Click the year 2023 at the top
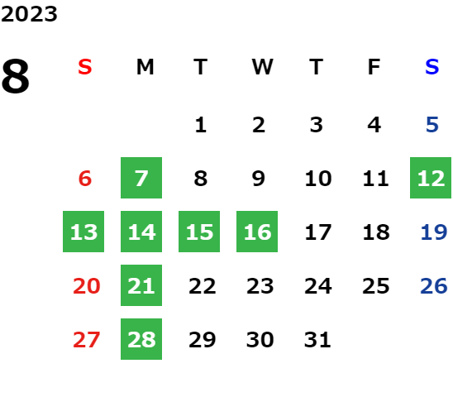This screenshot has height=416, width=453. pos(29,14)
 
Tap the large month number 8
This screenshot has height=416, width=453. pos(16,76)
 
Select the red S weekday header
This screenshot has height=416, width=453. pos(85,67)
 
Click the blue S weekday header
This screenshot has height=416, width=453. pos(432,67)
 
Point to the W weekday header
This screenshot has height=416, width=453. pos(262,67)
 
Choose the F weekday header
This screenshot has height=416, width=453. pos(374,67)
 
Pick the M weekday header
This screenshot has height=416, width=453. pos(145,67)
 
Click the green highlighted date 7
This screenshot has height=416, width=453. pos(141,178)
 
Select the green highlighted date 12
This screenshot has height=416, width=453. pos(431,178)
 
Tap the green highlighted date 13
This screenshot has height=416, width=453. pos(83,232)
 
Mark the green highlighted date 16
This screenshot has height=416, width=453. pos(257,232)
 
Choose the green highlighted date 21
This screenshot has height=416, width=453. pos(141,285)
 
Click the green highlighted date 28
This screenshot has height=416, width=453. pos(141,339)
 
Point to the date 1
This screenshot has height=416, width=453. pos(201,125)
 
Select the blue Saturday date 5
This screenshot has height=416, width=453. pos(432,125)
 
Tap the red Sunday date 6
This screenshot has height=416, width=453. pos(85,179)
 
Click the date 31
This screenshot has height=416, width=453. pos(317,339)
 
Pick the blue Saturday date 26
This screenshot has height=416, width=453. pos(434,286)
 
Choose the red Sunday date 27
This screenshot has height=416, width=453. pos(86,339)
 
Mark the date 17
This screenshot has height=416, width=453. pos(318,232)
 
